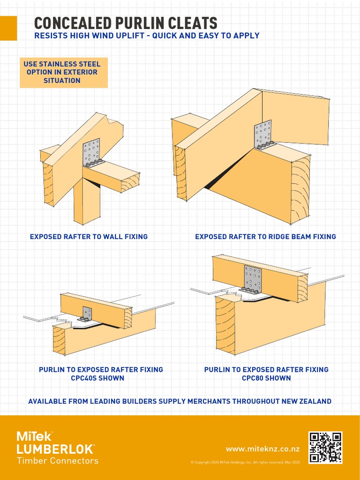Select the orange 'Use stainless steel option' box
(63, 73)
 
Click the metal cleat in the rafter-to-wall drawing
(91, 152)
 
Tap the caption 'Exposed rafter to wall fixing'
(89, 237)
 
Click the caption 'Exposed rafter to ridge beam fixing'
(265, 237)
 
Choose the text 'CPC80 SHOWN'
(266, 378)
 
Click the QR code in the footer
(325, 448)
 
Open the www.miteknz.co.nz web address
(263, 449)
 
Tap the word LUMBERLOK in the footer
(55, 449)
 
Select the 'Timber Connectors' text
(57, 461)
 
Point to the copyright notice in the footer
(245, 463)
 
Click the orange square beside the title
(8, 28)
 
